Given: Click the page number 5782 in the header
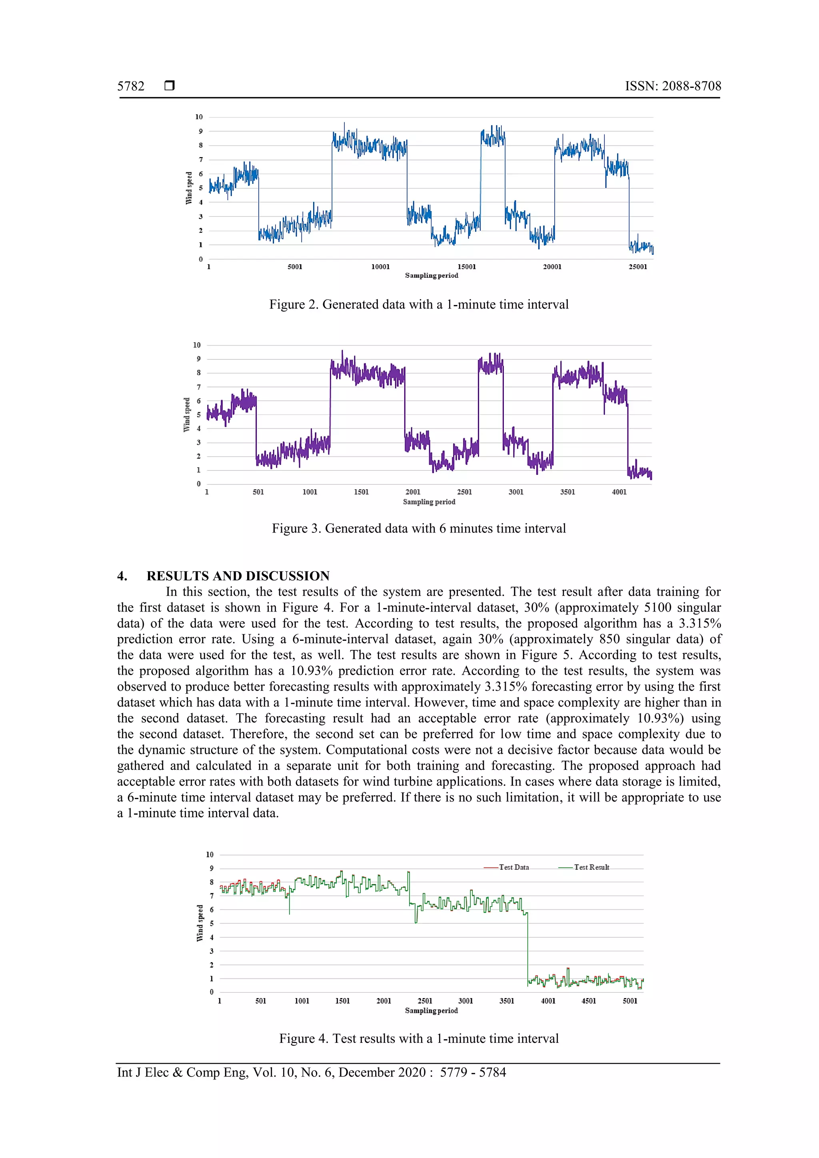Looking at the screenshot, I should point(131,86).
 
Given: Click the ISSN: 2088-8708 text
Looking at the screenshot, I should point(673,86).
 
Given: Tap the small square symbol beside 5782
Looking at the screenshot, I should point(170,85).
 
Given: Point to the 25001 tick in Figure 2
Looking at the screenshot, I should point(637,267).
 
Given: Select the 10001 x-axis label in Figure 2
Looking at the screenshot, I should point(380,267).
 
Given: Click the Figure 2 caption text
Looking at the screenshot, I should point(418,305).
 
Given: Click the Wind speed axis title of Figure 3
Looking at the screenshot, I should point(187,415).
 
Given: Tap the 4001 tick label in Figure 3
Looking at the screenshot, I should point(619,492).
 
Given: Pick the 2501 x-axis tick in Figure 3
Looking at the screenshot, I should point(464,492).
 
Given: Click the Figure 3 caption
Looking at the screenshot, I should point(418,528).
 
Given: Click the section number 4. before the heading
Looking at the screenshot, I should point(122,576).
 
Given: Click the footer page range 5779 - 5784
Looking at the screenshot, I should point(472,1073).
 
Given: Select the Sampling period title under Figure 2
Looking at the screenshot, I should point(431,275).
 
